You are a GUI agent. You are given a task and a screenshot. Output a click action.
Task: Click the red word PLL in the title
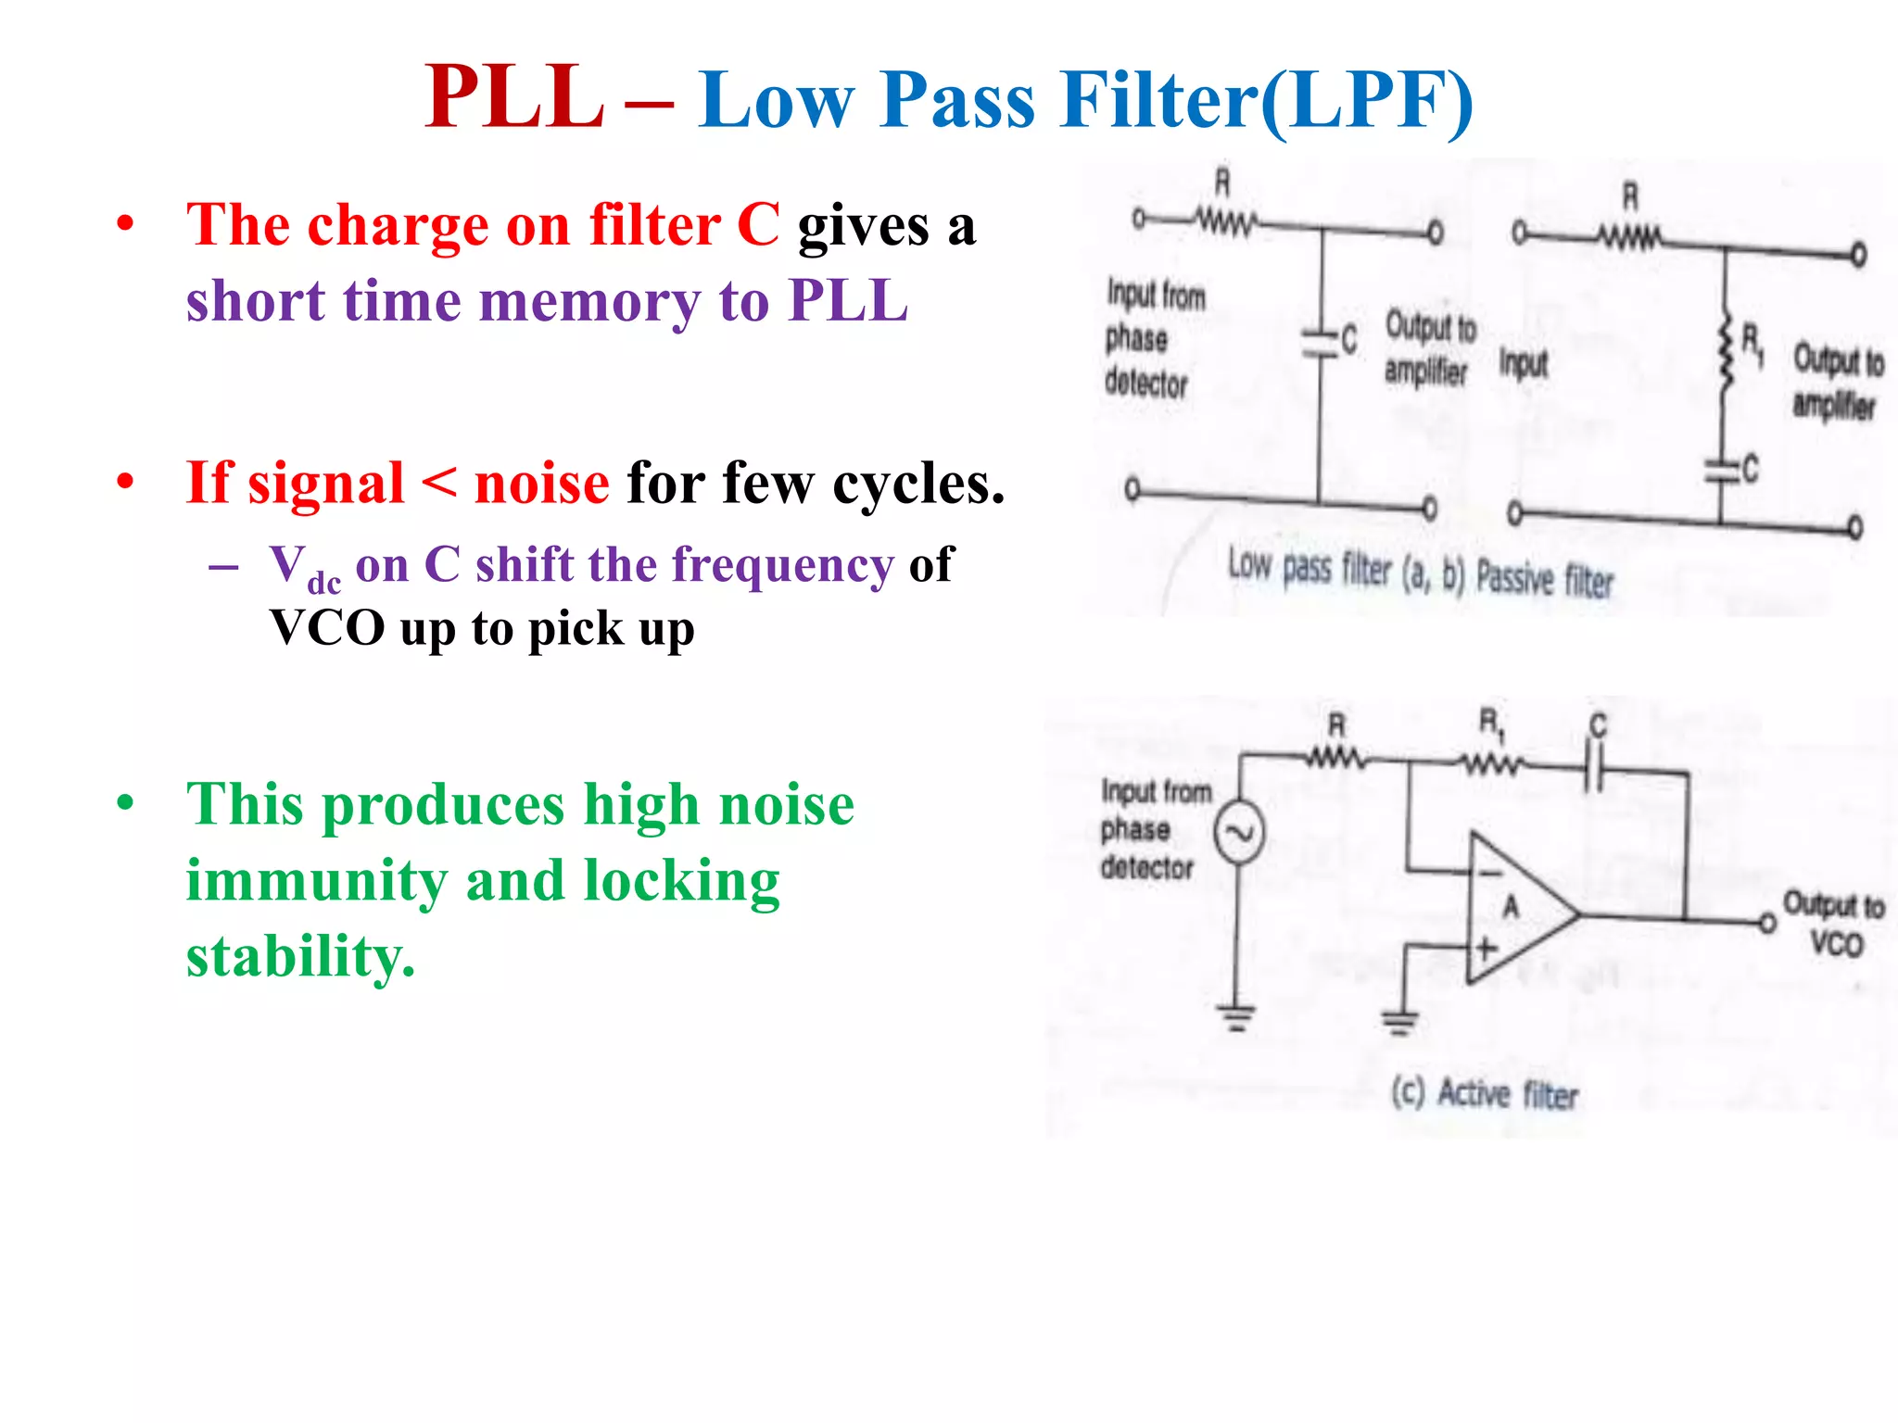pyautogui.click(x=514, y=97)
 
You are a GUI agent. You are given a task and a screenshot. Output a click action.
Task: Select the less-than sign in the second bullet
pyautogui.click(x=439, y=483)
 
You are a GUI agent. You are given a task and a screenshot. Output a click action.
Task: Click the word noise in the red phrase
pyautogui.click(x=542, y=484)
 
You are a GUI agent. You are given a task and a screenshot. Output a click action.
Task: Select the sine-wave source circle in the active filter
pyautogui.click(x=1239, y=832)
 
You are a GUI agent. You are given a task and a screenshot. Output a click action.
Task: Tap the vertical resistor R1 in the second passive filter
pyautogui.click(x=1726, y=353)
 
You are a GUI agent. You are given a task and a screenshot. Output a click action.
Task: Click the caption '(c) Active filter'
pyautogui.click(x=1485, y=1094)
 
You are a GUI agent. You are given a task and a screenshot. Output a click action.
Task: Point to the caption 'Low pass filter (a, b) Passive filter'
pyautogui.click(x=1420, y=572)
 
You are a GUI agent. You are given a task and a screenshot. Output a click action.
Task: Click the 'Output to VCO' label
pyautogui.click(x=1834, y=924)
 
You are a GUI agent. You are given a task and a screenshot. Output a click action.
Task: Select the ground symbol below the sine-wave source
pyautogui.click(x=1236, y=1018)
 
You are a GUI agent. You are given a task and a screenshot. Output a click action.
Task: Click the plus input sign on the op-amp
pyautogui.click(x=1487, y=949)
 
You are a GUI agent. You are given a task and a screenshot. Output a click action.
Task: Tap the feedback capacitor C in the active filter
pyautogui.click(x=1595, y=767)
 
